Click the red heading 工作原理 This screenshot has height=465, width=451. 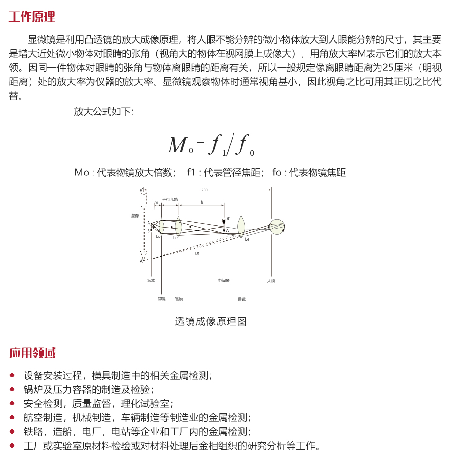(x=32, y=17)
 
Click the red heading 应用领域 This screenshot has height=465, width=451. (x=32, y=353)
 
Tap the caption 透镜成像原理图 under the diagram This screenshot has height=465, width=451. (x=210, y=321)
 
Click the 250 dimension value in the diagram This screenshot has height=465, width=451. (x=204, y=190)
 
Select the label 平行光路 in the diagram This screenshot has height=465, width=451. (x=170, y=199)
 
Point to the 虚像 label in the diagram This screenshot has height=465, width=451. (x=135, y=216)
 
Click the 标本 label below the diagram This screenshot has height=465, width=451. (x=151, y=281)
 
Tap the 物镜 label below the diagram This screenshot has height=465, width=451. (x=162, y=299)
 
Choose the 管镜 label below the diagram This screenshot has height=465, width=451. (x=179, y=299)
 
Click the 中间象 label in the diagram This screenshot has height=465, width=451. (x=224, y=281)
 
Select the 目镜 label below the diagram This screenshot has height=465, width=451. (x=241, y=299)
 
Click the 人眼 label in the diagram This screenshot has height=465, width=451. (x=271, y=281)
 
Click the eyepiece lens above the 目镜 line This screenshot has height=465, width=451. (x=241, y=226)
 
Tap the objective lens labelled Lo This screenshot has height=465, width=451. (x=162, y=227)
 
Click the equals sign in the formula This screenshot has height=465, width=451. (x=201, y=142)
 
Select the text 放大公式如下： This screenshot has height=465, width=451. (x=104, y=112)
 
